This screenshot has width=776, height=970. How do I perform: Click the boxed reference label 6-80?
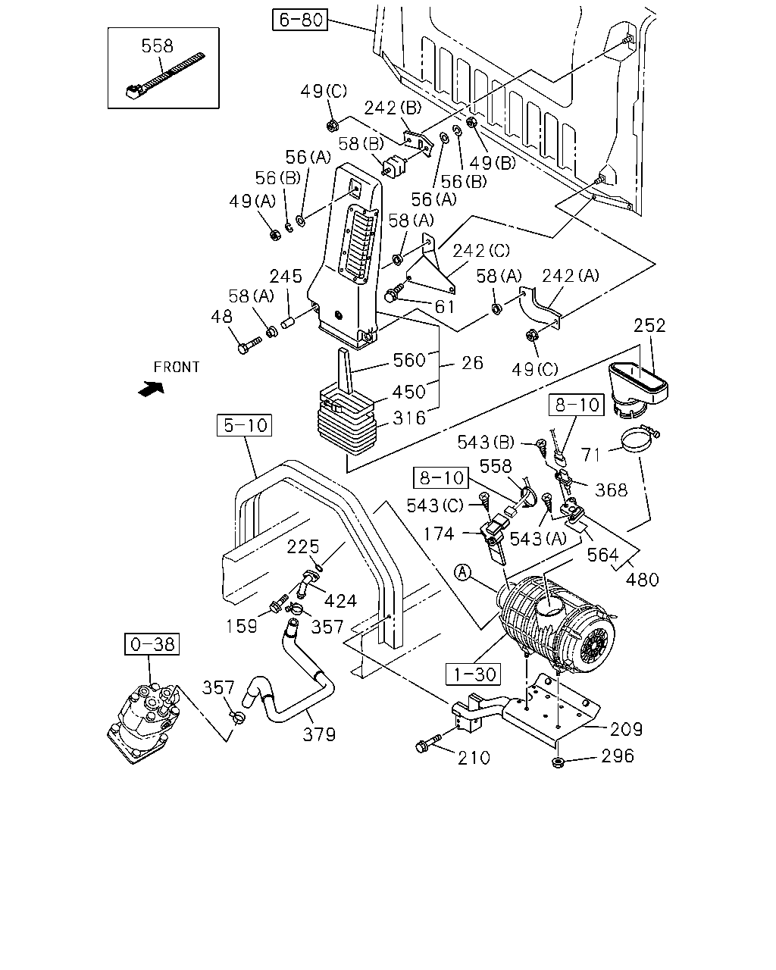click(x=300, y=20)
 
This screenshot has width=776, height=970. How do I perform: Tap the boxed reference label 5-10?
click(x=244, y=425)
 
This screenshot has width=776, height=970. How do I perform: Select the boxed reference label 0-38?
click(x=152, y=644)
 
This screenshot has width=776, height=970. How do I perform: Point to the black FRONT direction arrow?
click(x=151, y=389)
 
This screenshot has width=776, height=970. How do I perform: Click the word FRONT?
click(x=177, y=368)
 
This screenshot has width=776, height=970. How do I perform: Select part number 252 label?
click(x=649, y=325)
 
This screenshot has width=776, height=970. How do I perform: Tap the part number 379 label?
click(x=319, y=735)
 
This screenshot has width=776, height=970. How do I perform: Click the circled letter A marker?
click(x=462, y=573)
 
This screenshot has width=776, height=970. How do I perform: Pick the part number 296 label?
click(x=618, y=756)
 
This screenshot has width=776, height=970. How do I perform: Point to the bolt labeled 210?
click(x=428, y=744)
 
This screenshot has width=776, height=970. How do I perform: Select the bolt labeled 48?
click(x=249, y=346)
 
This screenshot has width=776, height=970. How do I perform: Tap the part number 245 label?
click(x=286, y=277)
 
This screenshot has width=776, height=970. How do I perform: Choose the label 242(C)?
click(x=481, y=251)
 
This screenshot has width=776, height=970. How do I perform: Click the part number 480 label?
click(x=642, y=580)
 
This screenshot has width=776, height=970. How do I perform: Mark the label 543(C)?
click(x=435, y=505)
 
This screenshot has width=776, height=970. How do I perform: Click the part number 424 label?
click(x=340, y=601)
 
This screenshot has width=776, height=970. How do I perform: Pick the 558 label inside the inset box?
click(x=157, y=46)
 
